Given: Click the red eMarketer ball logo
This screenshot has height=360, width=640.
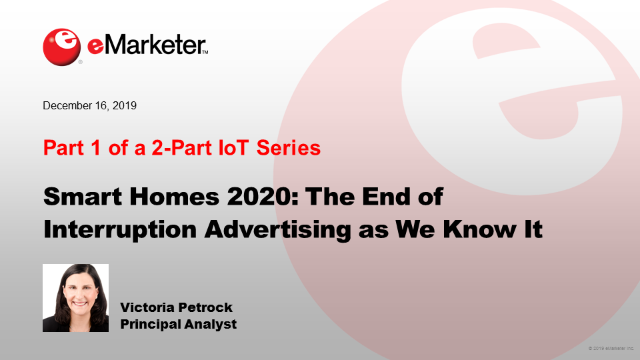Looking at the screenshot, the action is (61, 47).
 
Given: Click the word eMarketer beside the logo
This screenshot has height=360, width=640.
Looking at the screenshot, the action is (146, 45).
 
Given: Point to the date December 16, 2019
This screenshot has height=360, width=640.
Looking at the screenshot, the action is (90, 106).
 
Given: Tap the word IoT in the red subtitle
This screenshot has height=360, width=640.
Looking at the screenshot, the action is (233, 147).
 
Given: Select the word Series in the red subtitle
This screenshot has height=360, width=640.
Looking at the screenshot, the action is (289, 147).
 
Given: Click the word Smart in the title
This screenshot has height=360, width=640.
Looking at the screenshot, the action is (83, 196).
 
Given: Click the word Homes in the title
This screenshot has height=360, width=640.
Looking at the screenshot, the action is (175, 196).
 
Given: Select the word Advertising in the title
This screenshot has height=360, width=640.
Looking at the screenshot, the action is (277, 230).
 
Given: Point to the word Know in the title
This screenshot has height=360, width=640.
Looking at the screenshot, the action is (479, 229).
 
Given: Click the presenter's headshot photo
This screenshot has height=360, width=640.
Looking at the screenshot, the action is (75, 298).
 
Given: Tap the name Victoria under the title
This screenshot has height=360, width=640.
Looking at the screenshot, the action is (147, 307).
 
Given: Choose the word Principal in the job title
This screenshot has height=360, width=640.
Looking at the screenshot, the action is (150, 324).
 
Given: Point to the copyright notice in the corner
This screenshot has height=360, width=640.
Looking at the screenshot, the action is (611, 349).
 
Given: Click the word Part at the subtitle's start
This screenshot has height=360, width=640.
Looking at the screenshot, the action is (63, 147).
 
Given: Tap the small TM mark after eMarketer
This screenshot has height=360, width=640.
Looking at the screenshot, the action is (205, 52).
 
